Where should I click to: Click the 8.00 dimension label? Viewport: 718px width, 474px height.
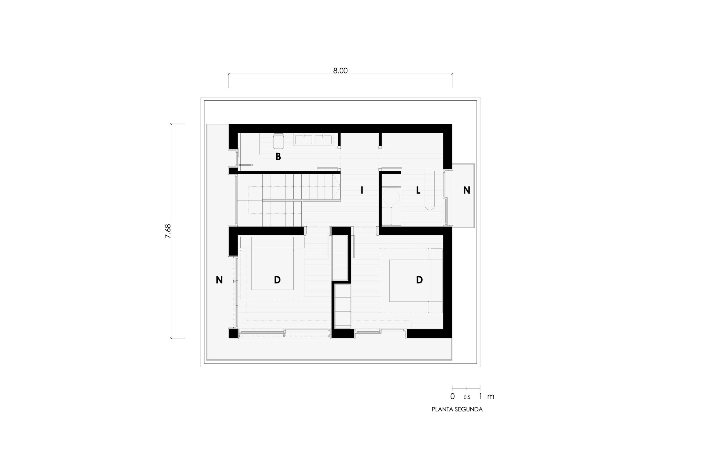click(x=340, y=71)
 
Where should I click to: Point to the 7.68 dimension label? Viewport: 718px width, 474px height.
click(x=168, y=231)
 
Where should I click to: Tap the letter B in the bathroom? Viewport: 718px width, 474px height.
click(x=278, y=157)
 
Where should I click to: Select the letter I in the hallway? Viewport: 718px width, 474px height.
click(x=362, y=190)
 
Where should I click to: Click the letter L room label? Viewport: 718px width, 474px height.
click(x=418, y=190)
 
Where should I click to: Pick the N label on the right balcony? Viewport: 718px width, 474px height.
click(x=467, y=190)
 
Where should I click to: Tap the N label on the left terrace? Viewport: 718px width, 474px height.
click(x=219, y=280)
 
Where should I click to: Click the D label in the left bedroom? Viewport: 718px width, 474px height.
click(x=277, y=280)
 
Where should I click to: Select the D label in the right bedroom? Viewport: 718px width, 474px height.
click(x=419, y=280)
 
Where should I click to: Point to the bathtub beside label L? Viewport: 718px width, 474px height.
click(x=430, y=190)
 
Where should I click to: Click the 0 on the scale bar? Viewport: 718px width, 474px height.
click(x=452, y=396)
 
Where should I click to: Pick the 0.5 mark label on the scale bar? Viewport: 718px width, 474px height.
click(x=467, y=398)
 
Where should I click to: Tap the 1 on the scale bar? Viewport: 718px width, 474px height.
click(x=481, y=396)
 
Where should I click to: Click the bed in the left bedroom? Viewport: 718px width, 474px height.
click(x=273, y=263)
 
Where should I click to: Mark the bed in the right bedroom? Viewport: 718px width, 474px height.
click(x=416, y=280)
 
